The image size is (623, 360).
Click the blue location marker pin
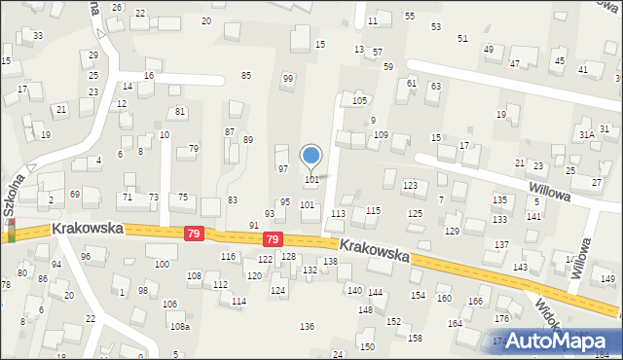(x=311, y=157)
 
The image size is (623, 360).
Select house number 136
(x=308, y=326)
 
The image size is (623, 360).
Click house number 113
(x=338, y=213)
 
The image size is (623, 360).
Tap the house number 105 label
(x=359, y=100)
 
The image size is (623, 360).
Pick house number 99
(x=287, y=78)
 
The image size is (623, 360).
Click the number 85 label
(x=246, y=75)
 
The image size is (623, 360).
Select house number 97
(x=283, y=168)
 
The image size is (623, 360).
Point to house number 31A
(x=586, y=135)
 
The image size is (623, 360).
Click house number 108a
(x=180, y=327)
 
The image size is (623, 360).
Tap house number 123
(x=410, y=184)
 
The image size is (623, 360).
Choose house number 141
(x=533, y=215)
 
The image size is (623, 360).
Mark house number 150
(x=367, y=346)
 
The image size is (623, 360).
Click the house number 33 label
(x=37, y=36)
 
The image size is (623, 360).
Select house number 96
(x=86, y=256)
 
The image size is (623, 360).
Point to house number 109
(x=382, y=135)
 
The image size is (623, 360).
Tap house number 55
(x=410, y=17)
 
